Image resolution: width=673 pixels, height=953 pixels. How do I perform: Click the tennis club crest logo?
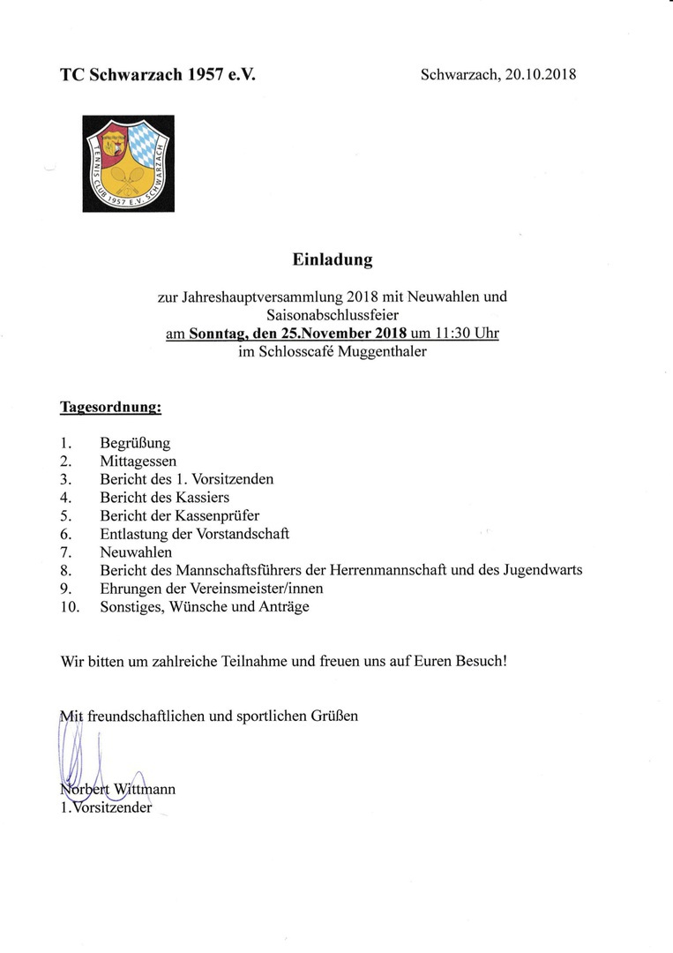129,164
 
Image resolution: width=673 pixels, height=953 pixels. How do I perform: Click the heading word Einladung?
333,260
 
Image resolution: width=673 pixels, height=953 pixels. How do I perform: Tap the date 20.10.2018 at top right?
541,75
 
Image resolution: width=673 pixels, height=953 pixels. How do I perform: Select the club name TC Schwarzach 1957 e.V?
158,75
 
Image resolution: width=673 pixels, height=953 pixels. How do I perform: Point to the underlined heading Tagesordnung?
110,408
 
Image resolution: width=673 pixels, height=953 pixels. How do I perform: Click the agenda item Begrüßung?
135,443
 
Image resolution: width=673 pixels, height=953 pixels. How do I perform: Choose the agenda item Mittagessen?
138,461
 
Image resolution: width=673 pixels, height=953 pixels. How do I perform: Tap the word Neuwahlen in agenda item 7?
136,552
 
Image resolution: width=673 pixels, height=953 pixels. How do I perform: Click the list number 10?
70,606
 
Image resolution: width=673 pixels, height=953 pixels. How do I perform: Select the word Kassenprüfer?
220,515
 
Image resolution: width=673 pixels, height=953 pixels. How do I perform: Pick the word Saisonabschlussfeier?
332,315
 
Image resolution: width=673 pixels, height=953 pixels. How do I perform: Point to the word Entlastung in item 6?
133,534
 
